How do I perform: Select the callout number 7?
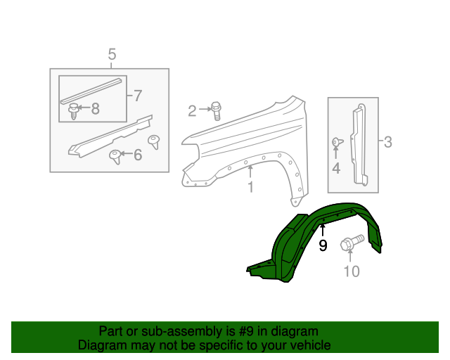[x=137, y=95]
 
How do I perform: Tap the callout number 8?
[x=96, y=108]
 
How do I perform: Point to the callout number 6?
[x=137, y=155]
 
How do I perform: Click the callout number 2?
[x=192, y=110]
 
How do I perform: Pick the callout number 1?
[x=250, y=188]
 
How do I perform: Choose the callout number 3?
[x=387, y=143]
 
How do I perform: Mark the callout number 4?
[x=336, y=168]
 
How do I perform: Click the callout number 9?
[x=323, y=245]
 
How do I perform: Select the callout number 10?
[x=351, y=271]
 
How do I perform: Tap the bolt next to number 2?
[x=216, y=108]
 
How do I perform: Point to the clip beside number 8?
[x=73, y=109]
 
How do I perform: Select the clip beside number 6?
[x=114, y=155]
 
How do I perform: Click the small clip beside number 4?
[x=336, y=143]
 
